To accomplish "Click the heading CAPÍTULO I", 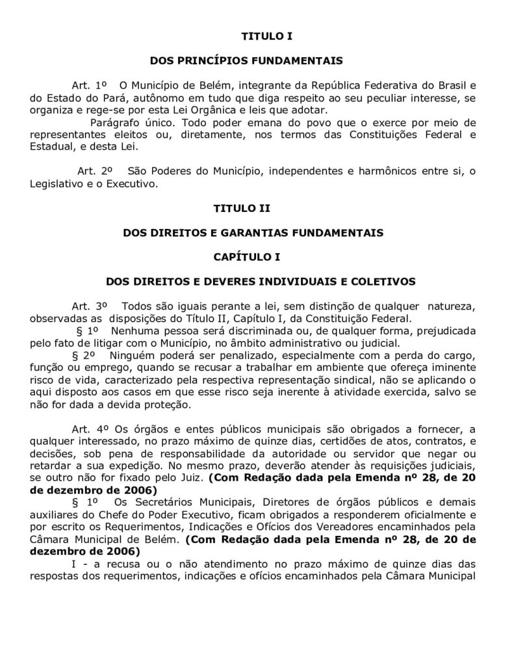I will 246,257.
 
